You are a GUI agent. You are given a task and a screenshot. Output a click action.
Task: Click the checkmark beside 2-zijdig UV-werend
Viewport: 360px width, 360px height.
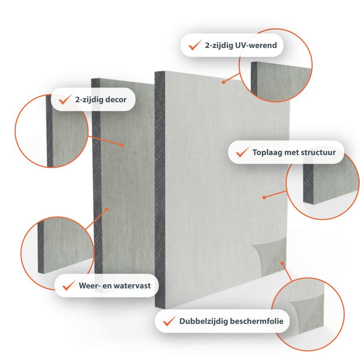pos(195,45)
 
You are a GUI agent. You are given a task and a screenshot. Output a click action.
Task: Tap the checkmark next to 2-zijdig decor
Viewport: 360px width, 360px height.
pos(65,99)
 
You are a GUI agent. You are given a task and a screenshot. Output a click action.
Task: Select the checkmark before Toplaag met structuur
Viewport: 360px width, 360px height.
pos(242,152)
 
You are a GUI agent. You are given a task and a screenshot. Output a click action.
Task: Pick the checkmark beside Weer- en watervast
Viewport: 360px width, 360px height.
pos(69,285)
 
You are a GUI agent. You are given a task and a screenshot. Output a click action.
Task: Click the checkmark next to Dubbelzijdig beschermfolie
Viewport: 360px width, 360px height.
pos(170,321)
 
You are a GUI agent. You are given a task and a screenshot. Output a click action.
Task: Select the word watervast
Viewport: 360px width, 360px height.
pos(132,286)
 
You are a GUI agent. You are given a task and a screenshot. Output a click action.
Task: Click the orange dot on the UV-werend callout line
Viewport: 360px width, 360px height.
pos(223,82)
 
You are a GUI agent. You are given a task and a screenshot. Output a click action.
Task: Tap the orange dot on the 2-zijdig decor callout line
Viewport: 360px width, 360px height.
pos(122,145)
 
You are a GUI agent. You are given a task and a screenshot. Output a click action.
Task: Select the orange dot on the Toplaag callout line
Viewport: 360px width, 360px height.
pos(264,198)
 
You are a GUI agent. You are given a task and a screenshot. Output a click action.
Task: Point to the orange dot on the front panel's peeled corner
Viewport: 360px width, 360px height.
pos(282,263)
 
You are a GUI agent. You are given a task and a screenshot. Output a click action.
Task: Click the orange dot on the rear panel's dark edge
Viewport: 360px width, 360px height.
pos(106,209)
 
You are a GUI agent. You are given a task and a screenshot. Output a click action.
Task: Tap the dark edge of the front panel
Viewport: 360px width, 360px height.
pos(160,190)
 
